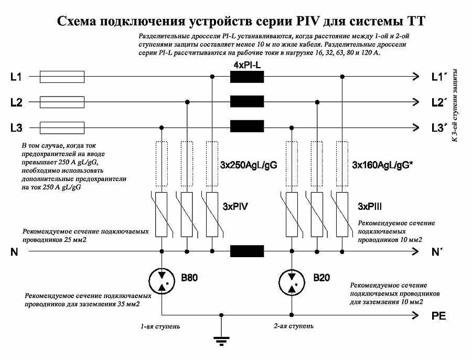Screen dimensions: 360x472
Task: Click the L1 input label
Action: pos(16,78)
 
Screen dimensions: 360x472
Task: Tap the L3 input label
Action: pos(16,127)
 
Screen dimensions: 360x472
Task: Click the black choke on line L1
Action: pos(247,78)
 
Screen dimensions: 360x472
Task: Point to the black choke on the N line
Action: pos(247,251)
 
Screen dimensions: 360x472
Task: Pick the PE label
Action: pos(438,316)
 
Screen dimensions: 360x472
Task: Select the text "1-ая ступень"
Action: pos(160,326)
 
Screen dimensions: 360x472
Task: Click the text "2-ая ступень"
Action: pos(293,326)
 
